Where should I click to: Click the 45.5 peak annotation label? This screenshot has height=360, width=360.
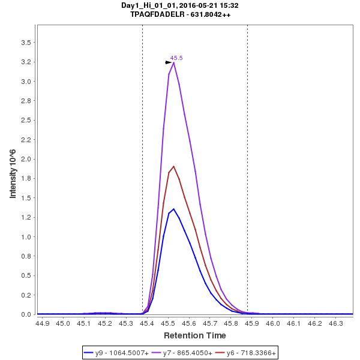pos(176,58)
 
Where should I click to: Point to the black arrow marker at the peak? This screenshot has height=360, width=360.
pos(169,62)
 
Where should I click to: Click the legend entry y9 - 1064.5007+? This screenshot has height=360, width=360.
pos(120,353)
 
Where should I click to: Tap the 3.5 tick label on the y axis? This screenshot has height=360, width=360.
pos(26,43)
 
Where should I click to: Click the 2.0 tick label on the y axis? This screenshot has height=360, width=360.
pos(26,159)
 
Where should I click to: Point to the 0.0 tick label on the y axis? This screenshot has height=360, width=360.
pos(26,314)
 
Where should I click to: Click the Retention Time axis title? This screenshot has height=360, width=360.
pos(195,335)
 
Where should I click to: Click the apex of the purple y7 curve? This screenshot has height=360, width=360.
pos(173,62)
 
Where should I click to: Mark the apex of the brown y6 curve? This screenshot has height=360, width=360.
pos(173,166)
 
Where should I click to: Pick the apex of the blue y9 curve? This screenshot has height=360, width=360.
pos(173,209)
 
